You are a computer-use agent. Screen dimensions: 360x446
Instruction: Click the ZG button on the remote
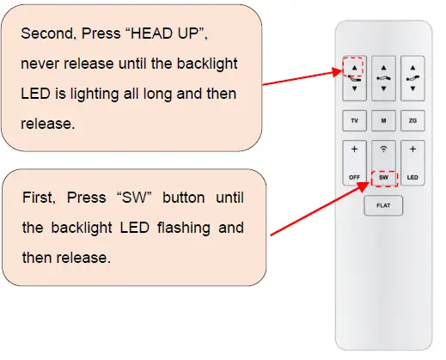(412, 120)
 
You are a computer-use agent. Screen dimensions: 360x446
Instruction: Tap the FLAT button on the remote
(383, 206)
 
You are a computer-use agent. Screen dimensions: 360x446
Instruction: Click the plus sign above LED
(412, 149)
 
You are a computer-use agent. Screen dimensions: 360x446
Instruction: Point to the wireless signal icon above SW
(383, 149)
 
